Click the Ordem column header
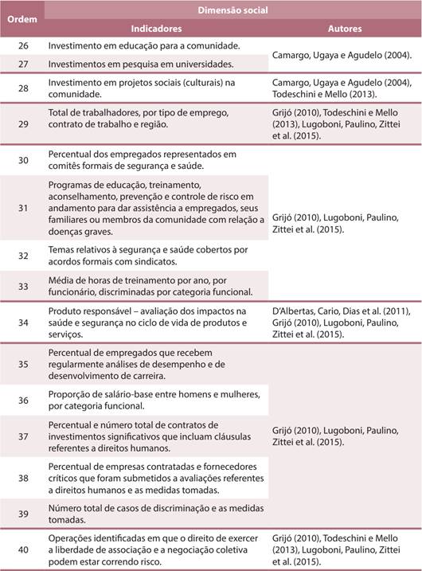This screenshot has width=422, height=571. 21,19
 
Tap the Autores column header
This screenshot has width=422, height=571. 344,28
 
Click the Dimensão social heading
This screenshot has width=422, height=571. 232,10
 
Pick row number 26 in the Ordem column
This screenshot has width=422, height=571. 22,45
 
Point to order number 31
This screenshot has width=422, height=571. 22,208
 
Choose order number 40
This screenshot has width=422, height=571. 22,550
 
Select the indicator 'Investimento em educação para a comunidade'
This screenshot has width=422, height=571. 139,46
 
